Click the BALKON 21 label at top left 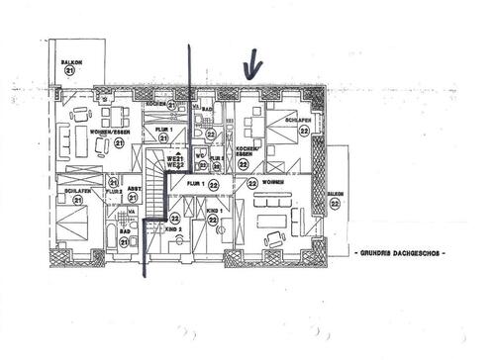coord(69,62)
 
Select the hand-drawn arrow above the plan coord(251,68)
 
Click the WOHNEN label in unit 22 coord(273,183)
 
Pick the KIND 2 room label coord(173,229)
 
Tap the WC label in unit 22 coord(199,155)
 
